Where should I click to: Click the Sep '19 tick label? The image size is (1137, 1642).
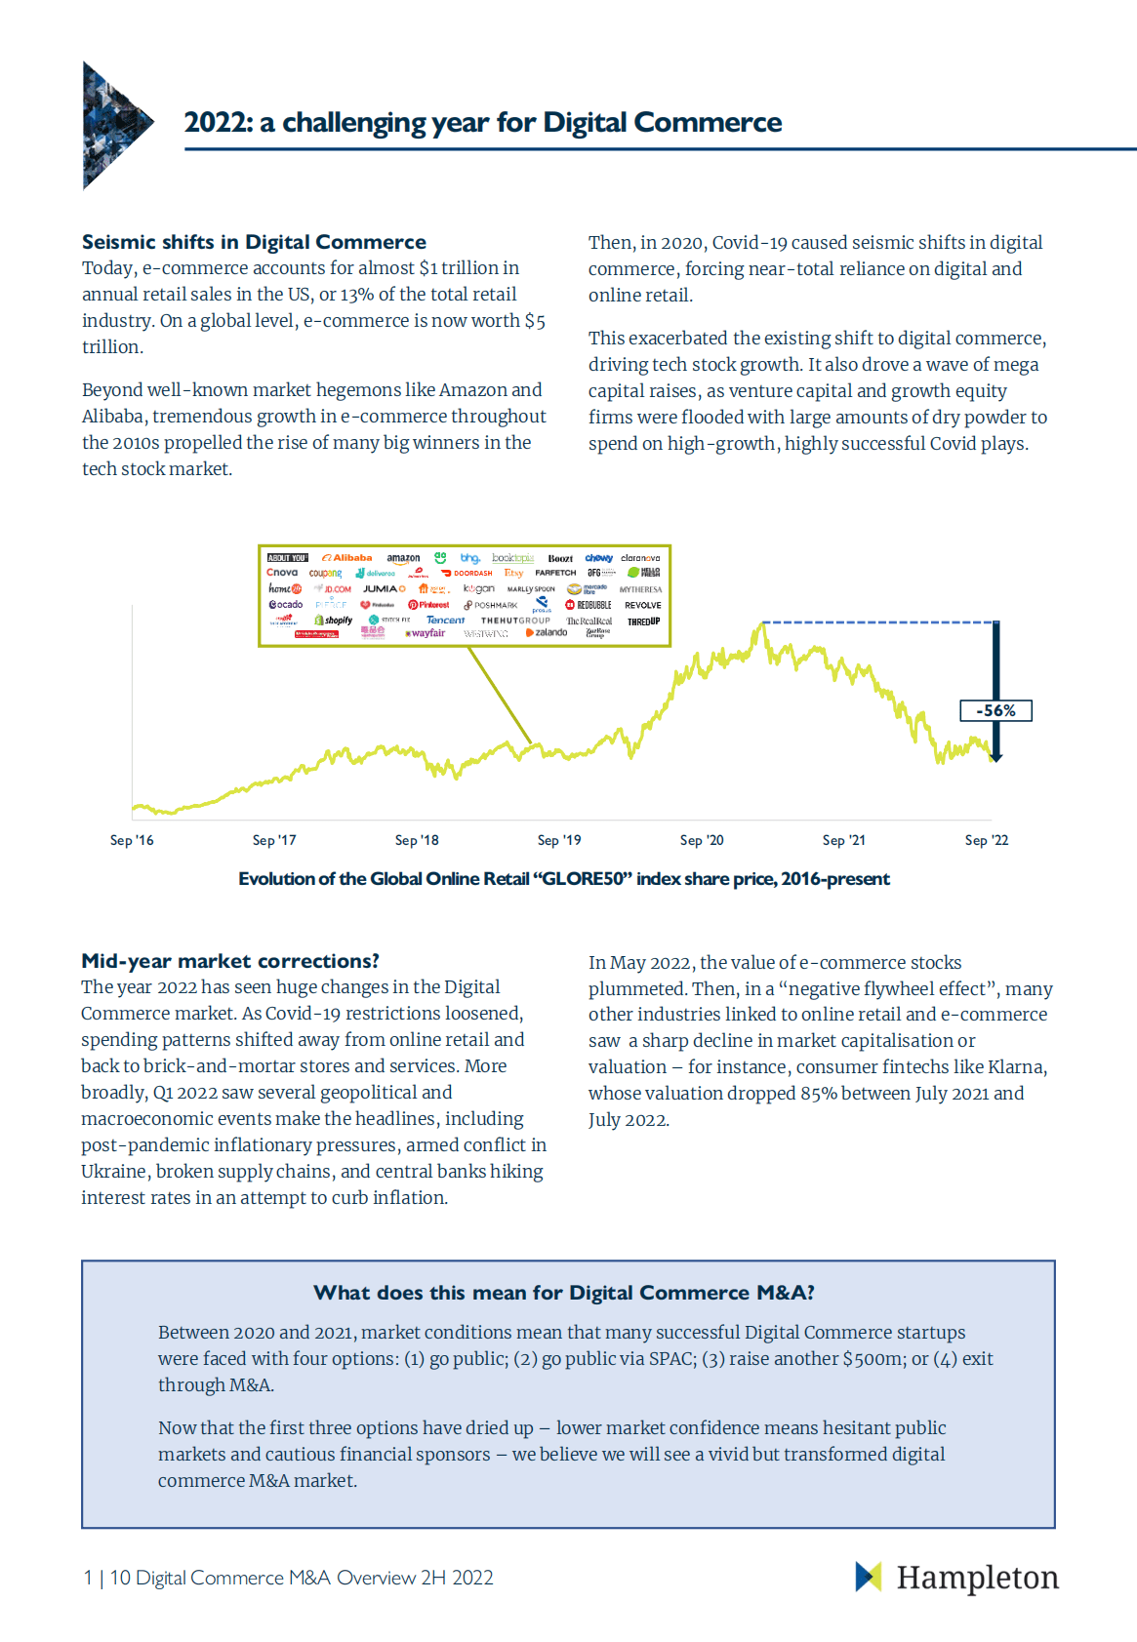(x=559, y=840)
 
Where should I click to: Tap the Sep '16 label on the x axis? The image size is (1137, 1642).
(x=132, y=840)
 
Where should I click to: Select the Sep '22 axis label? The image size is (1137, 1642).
(x=987, y=840)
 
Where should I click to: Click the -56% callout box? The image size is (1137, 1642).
(x=995, y=710)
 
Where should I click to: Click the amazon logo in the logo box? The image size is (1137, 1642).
(x=403, y=558)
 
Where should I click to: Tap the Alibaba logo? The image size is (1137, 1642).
(x=347, y=558)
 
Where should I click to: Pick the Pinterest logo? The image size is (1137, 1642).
(x=429, y=605)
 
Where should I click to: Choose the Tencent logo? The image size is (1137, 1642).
(x=445, y=620)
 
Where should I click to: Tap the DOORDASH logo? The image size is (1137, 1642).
(x=467, y=573)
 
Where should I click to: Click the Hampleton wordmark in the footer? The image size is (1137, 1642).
(x=977, y=1577)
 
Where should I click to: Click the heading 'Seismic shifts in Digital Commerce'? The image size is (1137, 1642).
(x=254, y=242)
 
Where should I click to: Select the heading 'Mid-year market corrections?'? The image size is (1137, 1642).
(x=230, y=960)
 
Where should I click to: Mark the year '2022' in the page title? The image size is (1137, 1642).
(x=218, y=122)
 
